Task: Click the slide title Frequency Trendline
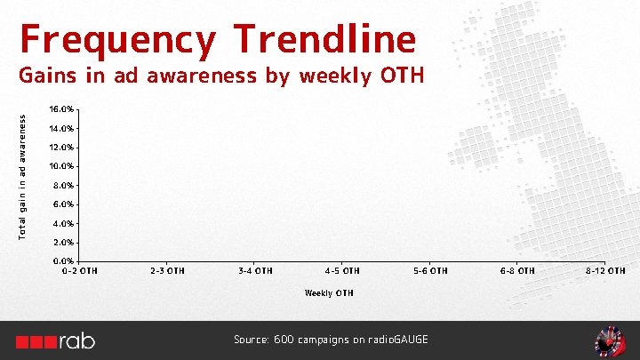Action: click(x=217, y=40)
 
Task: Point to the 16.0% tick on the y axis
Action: click(x=61, y=109)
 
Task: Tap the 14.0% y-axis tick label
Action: click(x=61, y=129)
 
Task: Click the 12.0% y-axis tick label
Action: click(x=61, y=148)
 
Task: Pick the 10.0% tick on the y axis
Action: click(x=61, y=166)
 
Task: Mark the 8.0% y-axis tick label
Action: click(x=63, y=186)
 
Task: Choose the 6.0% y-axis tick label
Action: click(x=63, y=204)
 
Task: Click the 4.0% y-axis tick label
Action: click(x=63, y=224)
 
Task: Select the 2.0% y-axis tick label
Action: click(x=63, y=243)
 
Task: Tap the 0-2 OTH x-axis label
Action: click(x=79, y=270)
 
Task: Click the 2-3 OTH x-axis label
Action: click(x=167, y=270)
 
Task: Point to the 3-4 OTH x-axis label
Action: click(x=255, y=270)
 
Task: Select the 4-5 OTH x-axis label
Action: click(x=342, y=270)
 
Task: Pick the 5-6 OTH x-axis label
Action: click(x=430, y=270)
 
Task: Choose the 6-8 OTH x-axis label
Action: click(x=517, y=270)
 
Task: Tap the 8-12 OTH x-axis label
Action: click(x=604, y=270)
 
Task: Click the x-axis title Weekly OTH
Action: click(x=329, y=292)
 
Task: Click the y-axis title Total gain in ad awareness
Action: click(x=23, y=173)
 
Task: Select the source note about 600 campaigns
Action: click(x=331, y=340)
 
